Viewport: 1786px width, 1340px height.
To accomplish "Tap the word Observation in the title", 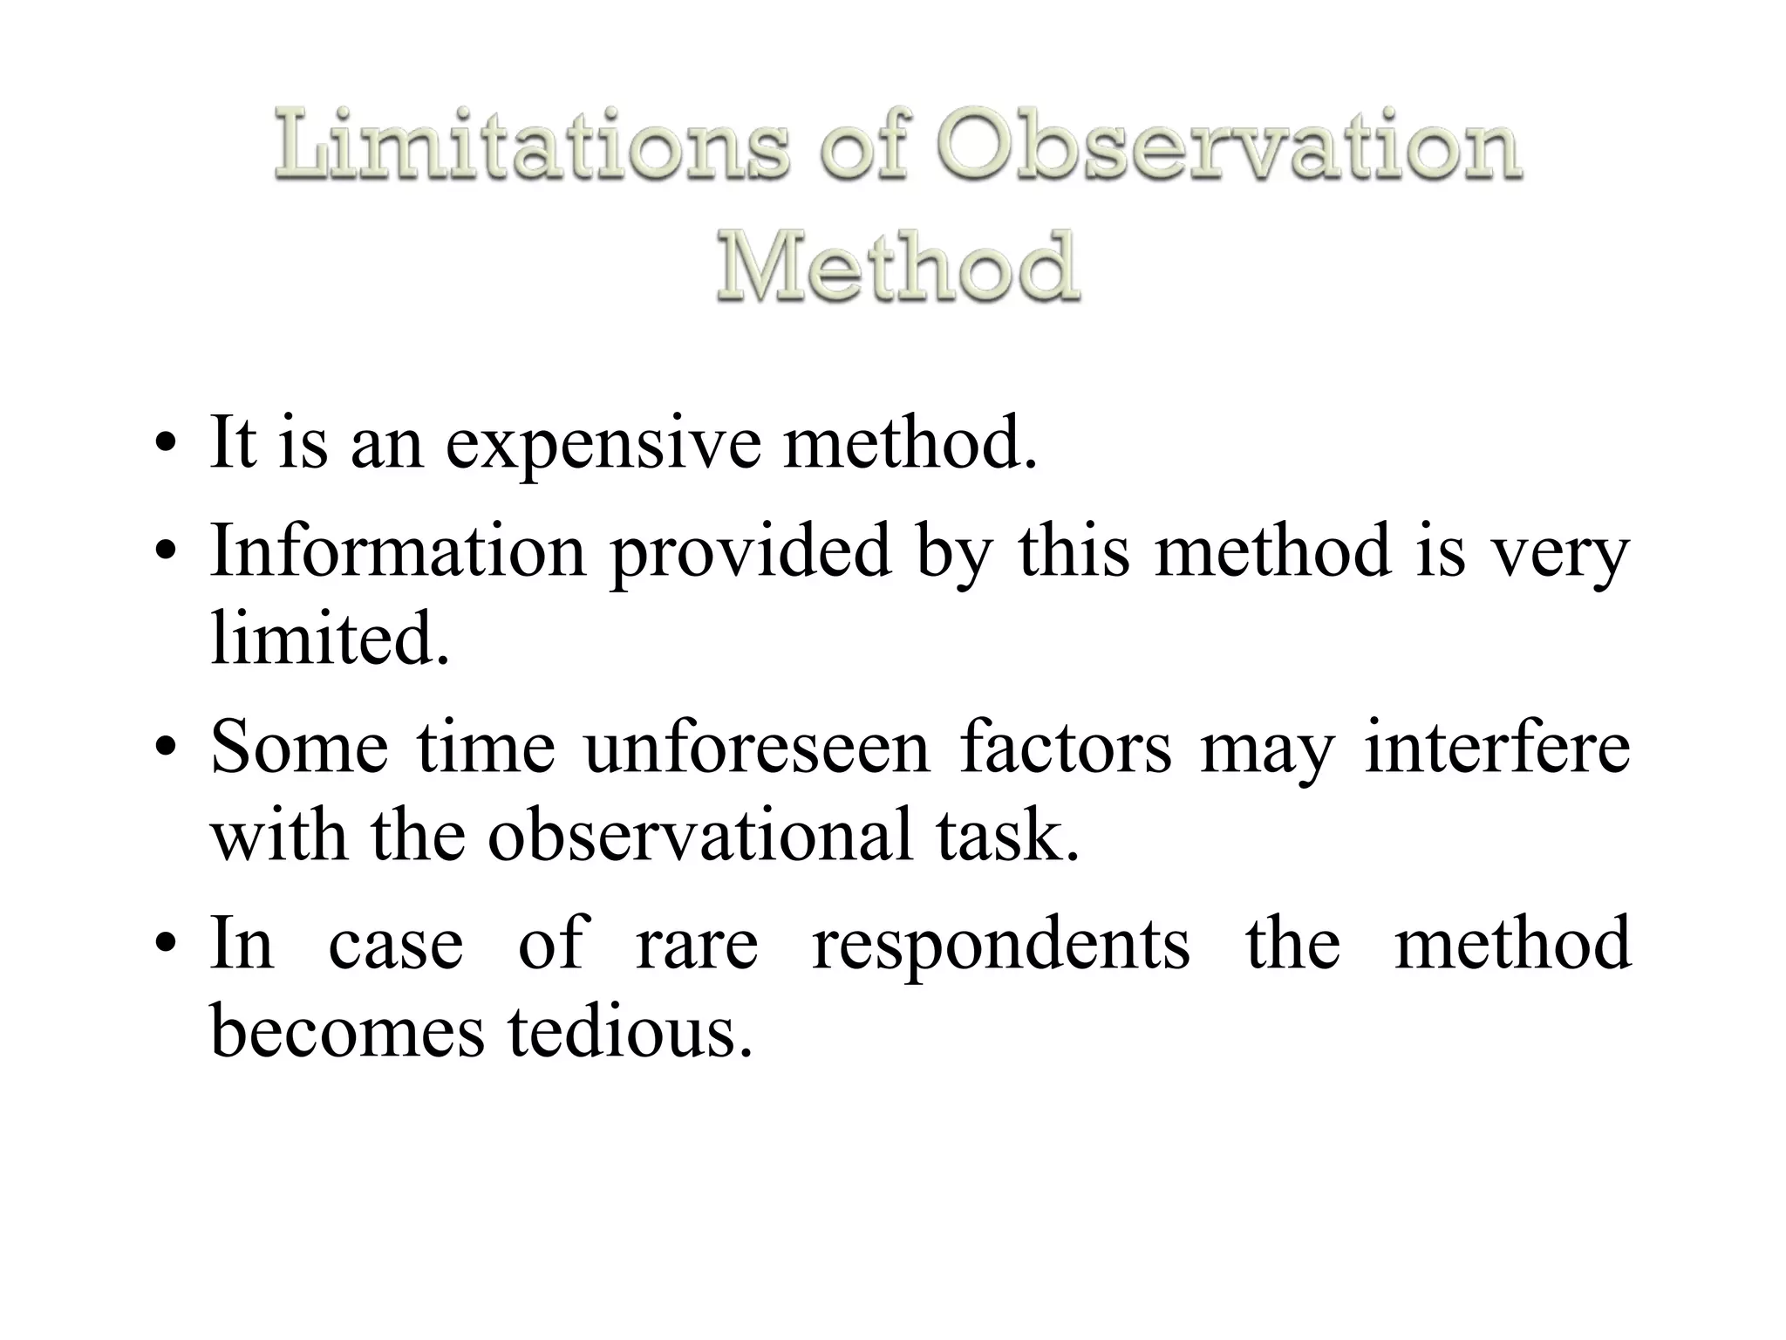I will coord(1229,145).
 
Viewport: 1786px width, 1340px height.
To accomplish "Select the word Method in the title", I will coord(897,266).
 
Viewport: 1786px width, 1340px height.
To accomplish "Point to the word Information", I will coord(398,551).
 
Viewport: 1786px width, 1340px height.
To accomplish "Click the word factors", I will coord(1066,748).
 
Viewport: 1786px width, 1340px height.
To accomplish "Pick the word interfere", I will coord(1496,748).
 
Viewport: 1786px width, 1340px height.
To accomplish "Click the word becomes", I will coord(347,1031).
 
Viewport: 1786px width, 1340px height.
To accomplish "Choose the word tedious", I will coord(630,1031).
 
